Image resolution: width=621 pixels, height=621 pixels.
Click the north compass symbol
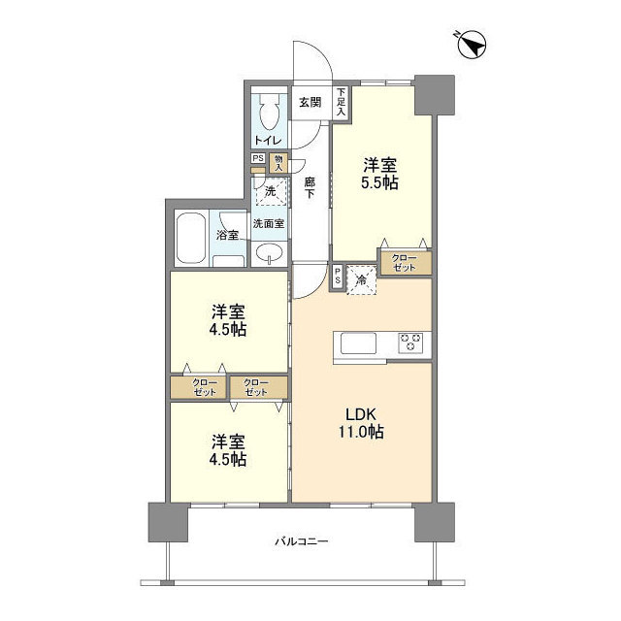coord(472,46)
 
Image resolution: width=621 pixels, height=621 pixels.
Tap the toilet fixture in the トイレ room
coord(270,112)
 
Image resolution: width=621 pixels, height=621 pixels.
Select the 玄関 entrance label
coord(310,103)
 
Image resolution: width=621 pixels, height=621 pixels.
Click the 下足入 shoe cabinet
coord(341,102)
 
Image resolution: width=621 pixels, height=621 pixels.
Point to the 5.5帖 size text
coord(379,183)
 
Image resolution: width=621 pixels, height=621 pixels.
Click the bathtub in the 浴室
coord(191,238)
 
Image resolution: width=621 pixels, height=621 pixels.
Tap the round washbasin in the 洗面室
coord(270,252)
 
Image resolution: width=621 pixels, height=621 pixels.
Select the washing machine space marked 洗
coord(271,191)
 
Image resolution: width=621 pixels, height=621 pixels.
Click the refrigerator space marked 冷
coord(361,280)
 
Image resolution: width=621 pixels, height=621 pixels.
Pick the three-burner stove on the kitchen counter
coord(410,343)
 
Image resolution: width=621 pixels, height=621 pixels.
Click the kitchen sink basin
coord(358,343)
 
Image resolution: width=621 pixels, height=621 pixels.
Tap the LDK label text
coord(360,414)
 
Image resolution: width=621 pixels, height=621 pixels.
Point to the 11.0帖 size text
coord(360,431)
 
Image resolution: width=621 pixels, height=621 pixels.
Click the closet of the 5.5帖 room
coord(406,263)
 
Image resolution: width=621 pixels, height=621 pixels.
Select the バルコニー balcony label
coord(302,541)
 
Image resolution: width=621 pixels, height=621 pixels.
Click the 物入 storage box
coord(278,163)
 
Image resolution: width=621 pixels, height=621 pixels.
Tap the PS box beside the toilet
coord(258,158)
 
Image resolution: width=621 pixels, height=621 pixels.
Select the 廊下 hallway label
coord(310,187)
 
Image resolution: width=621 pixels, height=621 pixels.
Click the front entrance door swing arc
coord(320,55)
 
